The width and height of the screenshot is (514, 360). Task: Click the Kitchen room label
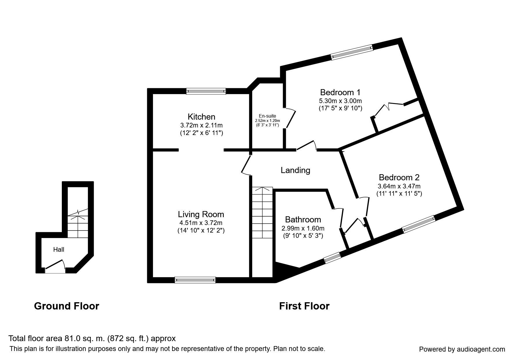[201, 117]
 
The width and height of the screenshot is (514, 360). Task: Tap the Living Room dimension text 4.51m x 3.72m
[201, 223]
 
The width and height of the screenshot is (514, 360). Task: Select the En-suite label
[267, 116]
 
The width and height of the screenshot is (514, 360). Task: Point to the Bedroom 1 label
[340, 92]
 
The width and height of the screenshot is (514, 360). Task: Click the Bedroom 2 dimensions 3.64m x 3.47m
[399, 186]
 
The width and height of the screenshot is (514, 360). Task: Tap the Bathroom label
[303, 219]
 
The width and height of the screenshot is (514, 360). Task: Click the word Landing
[295, 170]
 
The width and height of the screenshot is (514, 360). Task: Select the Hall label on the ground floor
[59, 249]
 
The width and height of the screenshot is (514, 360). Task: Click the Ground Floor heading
[66, 306]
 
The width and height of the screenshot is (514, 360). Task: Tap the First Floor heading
[304, 306]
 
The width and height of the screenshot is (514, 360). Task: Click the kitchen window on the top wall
[206, 91]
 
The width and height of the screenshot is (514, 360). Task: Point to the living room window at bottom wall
[195, 280]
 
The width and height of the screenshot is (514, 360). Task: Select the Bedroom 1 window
[351, 52]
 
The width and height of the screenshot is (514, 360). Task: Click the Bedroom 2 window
[419, 224]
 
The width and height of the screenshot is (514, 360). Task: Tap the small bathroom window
[332, 258]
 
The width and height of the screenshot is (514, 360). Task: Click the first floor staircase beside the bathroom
[262, 213]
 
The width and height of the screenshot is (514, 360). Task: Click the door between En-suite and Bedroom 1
[290, 118]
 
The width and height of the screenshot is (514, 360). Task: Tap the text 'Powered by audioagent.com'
[462, 349]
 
